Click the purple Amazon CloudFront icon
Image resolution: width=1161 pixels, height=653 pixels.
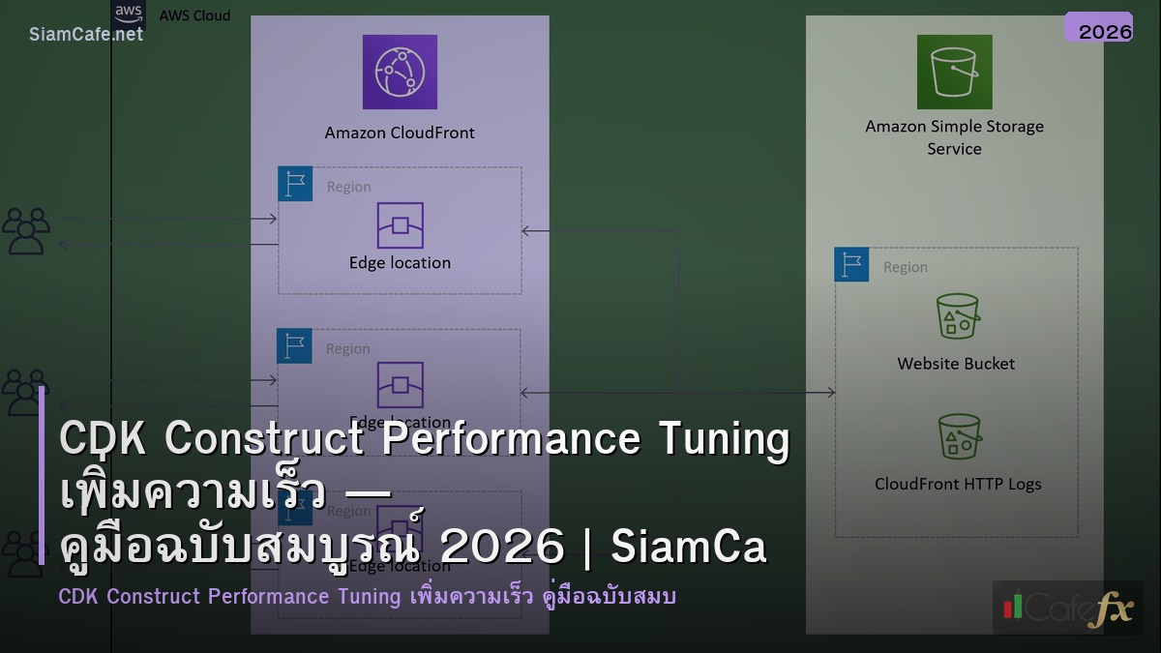(400, 72)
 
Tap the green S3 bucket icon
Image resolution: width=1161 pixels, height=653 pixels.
(954, 72)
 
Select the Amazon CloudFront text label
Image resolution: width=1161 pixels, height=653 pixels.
(400, 133)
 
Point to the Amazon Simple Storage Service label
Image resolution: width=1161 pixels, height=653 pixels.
(954, 137)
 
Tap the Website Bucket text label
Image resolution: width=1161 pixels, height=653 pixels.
(956, 364)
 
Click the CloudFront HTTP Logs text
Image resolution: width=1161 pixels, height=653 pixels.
(958, 484)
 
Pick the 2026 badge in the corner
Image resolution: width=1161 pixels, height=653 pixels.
(1104, 31)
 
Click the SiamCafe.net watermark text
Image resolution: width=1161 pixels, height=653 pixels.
(86, 34)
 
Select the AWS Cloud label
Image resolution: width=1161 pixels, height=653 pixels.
(194, 15)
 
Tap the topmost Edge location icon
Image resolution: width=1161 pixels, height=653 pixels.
(400, 225)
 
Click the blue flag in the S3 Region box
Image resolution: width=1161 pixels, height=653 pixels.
(851, 264)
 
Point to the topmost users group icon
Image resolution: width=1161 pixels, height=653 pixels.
(26, 231)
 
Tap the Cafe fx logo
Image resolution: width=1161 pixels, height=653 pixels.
(1067, 608)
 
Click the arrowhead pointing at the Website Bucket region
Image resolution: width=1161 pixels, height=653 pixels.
(830, 393)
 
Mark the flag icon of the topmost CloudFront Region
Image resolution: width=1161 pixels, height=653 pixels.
(295, 184)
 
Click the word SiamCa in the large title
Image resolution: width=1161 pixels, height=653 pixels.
(689, 548)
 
